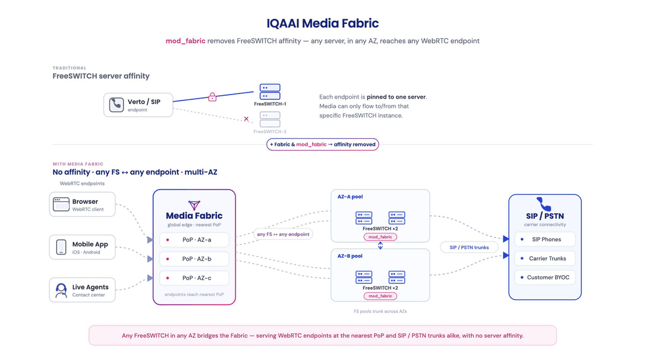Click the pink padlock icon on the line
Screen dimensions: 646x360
[x=212, y=97]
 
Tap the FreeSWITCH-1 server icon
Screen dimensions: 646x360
[x=270, y=91]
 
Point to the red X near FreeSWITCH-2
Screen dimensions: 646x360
[x=246, y=118]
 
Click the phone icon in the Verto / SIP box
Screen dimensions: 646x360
[x=116, y=105]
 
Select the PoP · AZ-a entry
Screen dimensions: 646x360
[x=194, y=240]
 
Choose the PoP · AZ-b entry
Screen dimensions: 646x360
[x=194, y=259]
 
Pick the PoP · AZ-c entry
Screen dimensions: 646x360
[x=194, y=278]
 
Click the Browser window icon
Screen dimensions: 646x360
[x=61, y=205]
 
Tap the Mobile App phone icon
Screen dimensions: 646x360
[x=61, y=247]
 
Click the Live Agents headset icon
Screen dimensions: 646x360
[x=61, y=291]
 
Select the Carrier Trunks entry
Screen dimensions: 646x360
[x=545, y=258]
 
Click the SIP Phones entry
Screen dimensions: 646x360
[x=545, y=239]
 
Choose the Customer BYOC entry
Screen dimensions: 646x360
[x=545, y=277]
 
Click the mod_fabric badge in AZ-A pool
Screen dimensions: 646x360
[x=380, y=237]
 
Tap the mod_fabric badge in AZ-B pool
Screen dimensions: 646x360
[x=380, y=296]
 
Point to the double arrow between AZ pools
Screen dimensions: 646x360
[x=380, y=246]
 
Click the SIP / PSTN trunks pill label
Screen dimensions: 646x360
[x=469, y=248]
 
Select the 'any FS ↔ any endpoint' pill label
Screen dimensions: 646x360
[x=283, y=234]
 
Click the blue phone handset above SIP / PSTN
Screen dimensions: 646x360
[x=544, y=204]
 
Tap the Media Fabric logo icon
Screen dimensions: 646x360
[x=194, y=205]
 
